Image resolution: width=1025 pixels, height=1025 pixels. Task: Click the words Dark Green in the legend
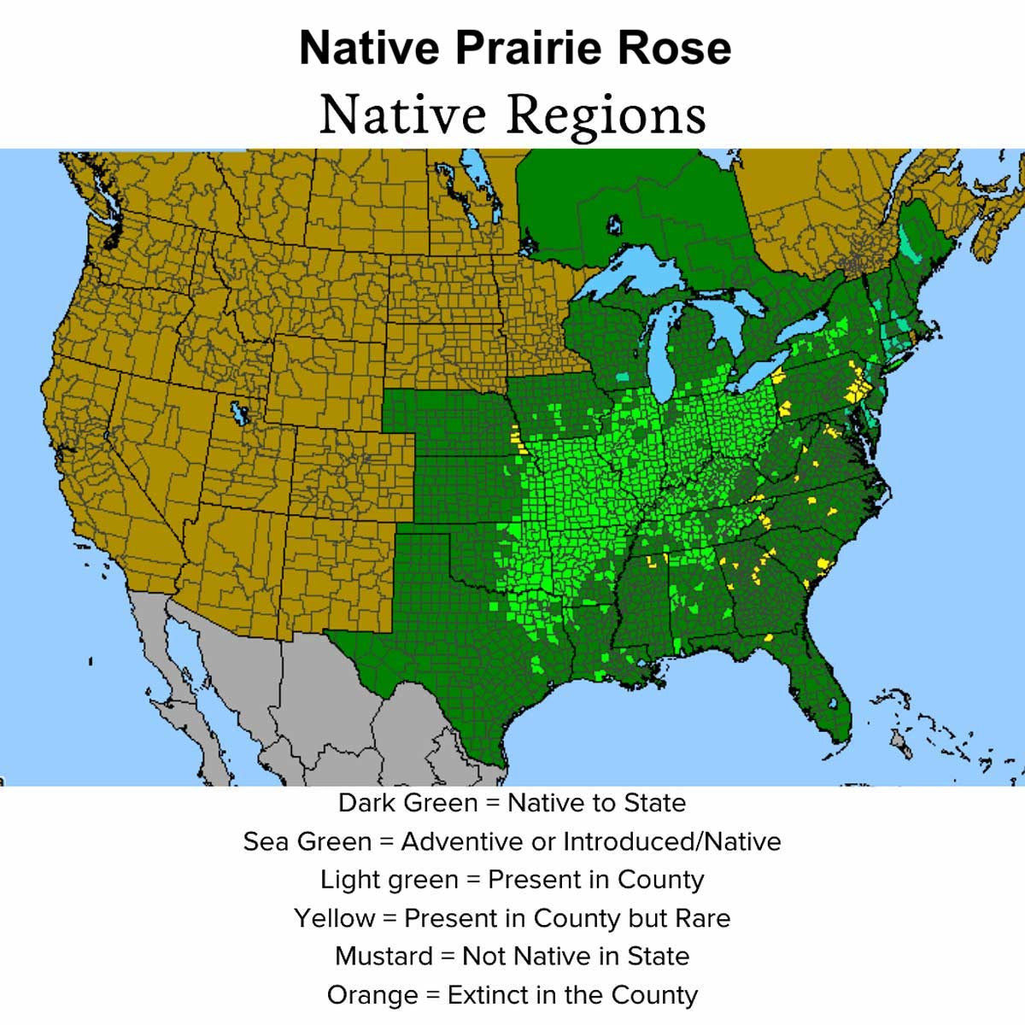pos(408,803)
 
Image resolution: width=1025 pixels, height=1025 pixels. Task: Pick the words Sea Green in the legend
pos(307,841)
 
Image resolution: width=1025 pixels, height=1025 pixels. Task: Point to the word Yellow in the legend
pos(335,918)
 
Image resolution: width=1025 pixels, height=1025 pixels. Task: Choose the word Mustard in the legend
pos(384,956)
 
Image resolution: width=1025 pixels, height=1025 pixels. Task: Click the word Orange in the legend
pos(372,995)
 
